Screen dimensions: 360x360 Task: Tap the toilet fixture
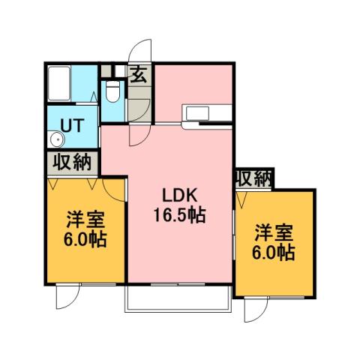pos(112,91)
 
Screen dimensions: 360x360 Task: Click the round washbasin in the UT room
pos(55,139)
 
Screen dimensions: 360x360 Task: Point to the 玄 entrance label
pos(139,74)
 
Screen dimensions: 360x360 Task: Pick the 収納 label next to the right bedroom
pos(253,178)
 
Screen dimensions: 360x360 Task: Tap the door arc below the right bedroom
pos(252,309)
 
